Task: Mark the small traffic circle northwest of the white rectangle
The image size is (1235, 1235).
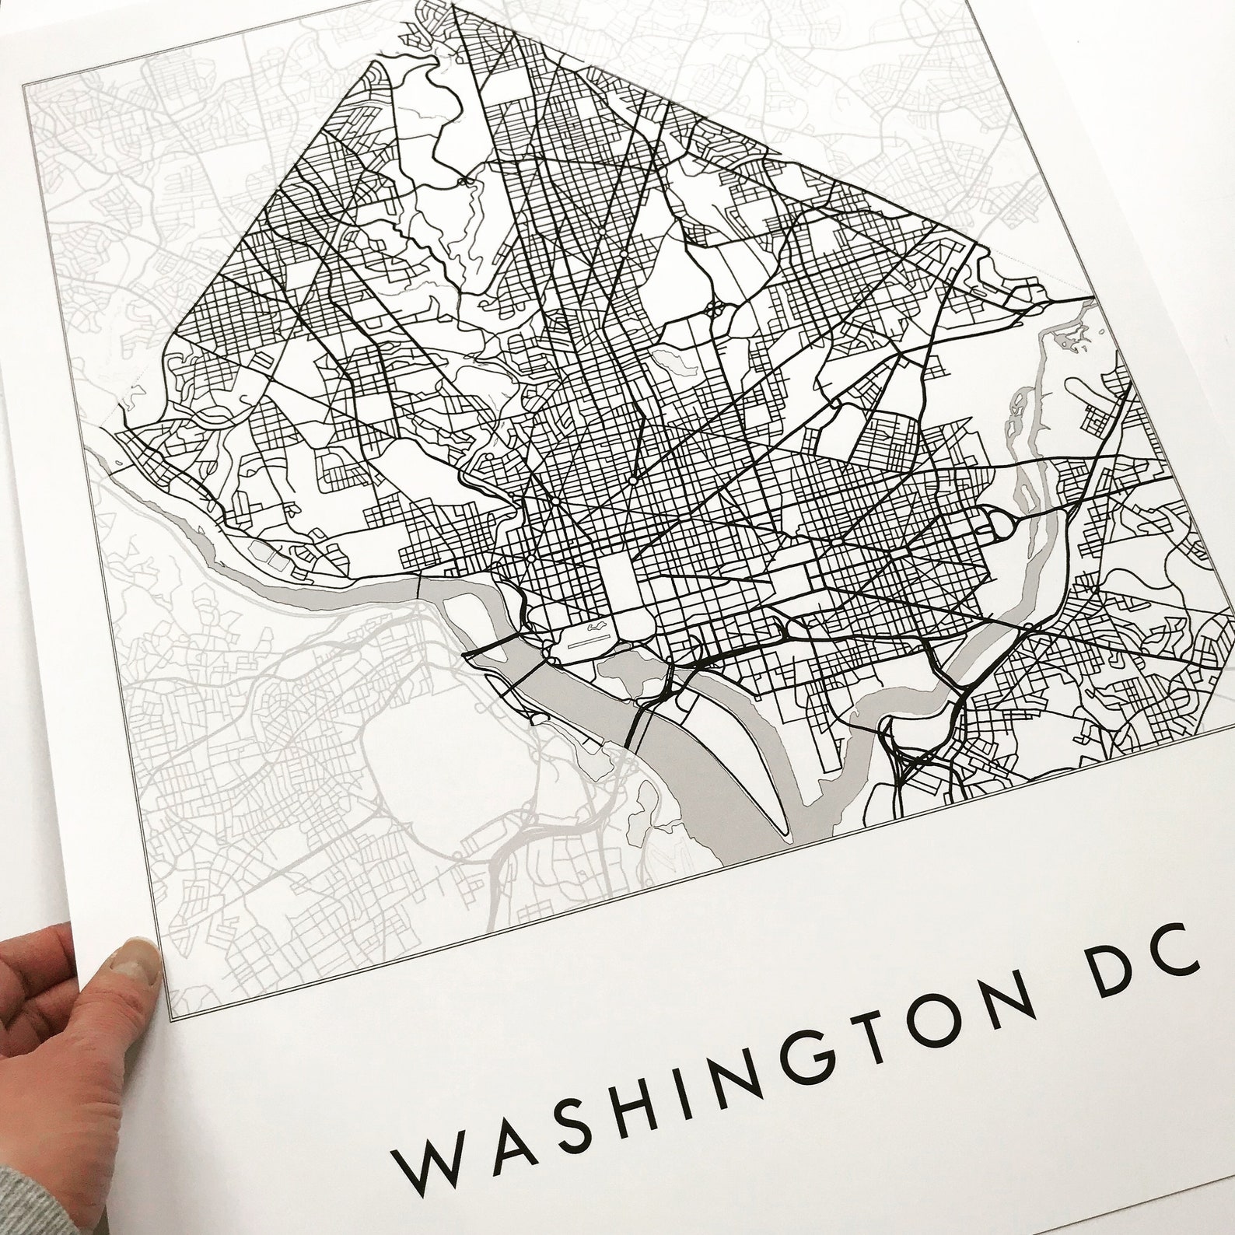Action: (529, 558)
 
